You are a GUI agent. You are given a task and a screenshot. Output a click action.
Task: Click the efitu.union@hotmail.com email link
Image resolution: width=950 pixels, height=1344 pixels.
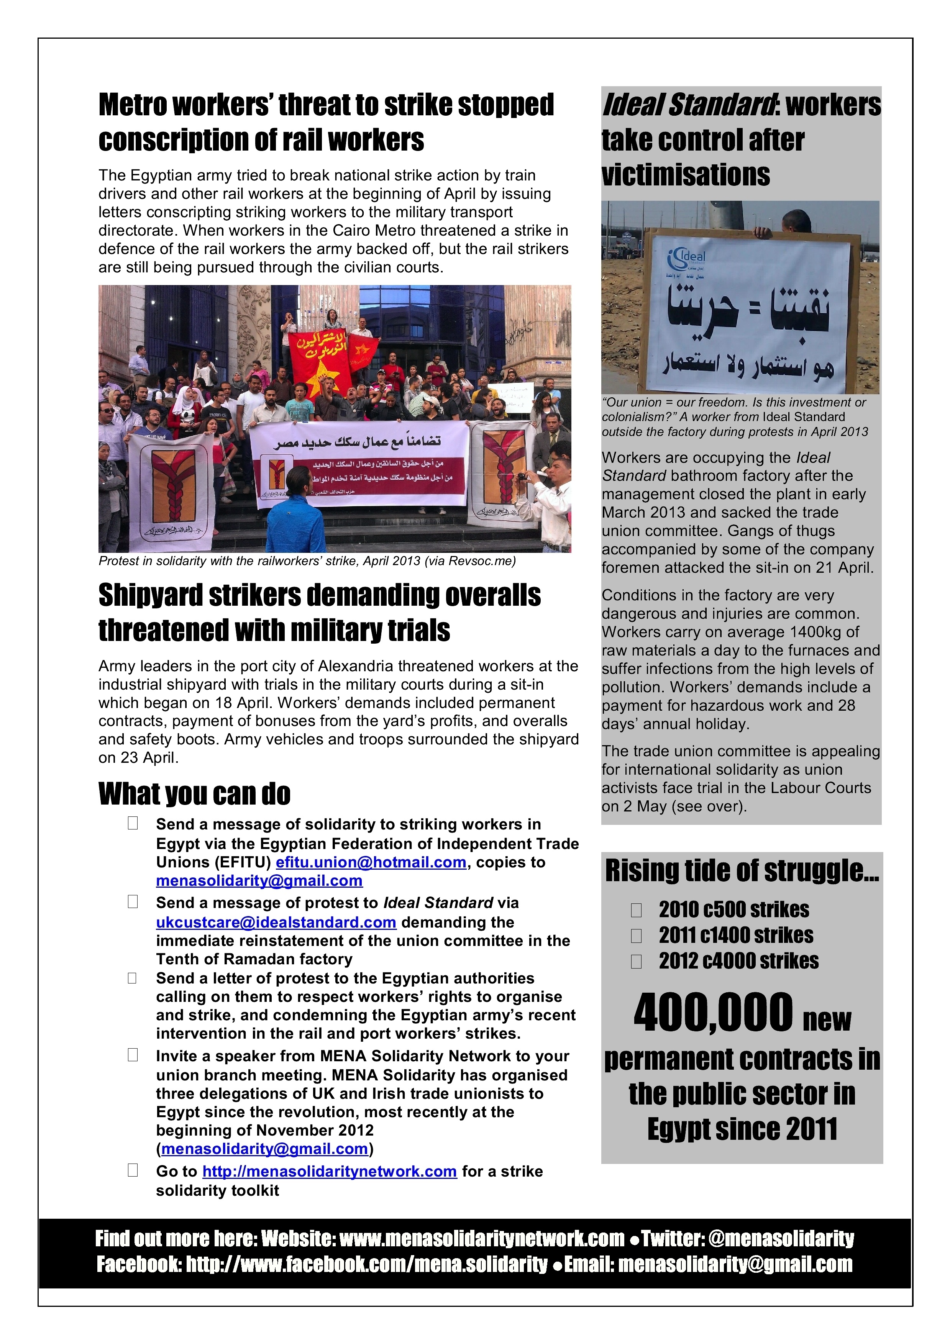point(371,862)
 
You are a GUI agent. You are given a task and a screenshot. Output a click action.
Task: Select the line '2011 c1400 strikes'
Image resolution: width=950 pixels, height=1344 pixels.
point(736,936)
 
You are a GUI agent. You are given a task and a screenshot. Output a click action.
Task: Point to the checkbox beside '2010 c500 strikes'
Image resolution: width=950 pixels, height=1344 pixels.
point(636,910)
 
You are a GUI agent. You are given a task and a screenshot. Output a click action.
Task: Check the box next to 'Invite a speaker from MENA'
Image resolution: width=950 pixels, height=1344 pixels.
point(133,1055)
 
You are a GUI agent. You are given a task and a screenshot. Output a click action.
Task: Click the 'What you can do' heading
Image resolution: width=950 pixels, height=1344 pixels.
point(194,794)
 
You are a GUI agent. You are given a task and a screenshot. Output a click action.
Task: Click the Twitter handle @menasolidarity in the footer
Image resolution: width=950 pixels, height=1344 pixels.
point(781,1239)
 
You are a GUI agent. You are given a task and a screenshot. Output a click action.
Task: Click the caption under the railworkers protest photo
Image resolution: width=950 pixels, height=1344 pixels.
point(307,561)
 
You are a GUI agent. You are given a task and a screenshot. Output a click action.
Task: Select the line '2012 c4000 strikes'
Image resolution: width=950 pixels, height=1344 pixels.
point(739,960)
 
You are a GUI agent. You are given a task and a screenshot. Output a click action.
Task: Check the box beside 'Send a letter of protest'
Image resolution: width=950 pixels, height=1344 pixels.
point(133,978)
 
